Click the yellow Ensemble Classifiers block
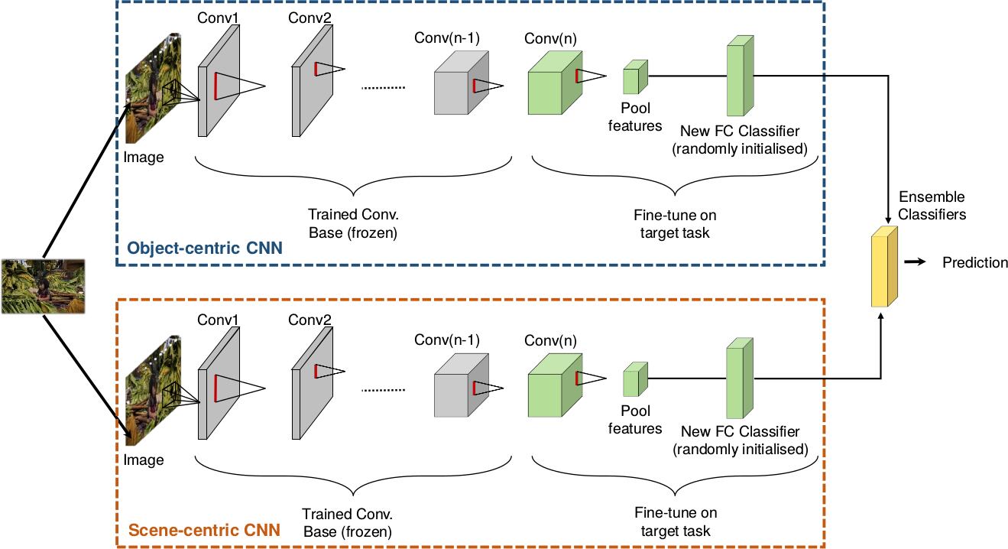884,267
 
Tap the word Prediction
974,262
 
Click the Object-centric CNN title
205,249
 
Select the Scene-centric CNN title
204,530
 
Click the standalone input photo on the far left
44,287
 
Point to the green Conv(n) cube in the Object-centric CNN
555,83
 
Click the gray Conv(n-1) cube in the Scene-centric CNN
462,385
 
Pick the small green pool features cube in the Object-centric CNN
635,77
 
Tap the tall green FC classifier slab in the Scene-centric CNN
740,378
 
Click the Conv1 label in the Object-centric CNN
218,18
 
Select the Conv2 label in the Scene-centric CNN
310,320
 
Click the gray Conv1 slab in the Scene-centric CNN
219,383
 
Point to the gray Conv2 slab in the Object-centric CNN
313,80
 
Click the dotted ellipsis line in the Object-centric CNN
384,88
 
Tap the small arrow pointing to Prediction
915,262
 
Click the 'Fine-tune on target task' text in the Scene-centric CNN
676,522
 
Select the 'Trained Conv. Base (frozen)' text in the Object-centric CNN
353,223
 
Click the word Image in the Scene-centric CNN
144,460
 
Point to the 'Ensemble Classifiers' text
932,206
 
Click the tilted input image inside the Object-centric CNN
153,88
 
